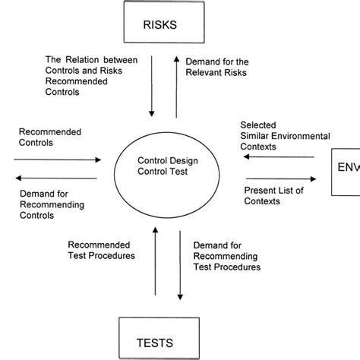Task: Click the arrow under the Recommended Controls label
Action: tap(57, 160)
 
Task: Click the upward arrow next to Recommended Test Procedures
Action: tap(154, 266)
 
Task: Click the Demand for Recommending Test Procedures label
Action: tap(227, 257)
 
